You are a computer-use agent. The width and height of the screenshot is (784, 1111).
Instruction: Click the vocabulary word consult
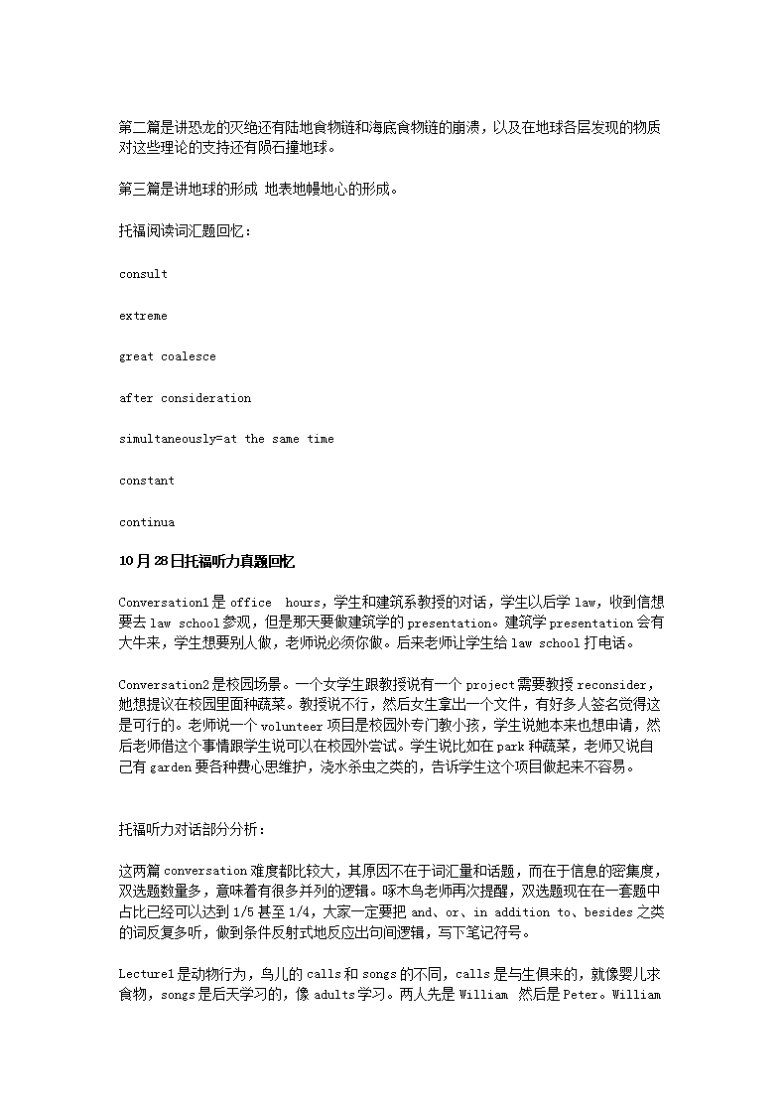143,274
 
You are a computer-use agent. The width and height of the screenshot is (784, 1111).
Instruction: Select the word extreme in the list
143,316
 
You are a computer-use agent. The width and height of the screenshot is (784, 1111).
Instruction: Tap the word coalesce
189,356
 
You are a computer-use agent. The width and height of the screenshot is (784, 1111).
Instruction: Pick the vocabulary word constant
146,481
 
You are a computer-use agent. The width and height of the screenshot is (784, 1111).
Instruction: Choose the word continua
146,522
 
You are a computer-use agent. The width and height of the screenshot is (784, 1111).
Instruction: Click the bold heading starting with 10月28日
206,562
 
